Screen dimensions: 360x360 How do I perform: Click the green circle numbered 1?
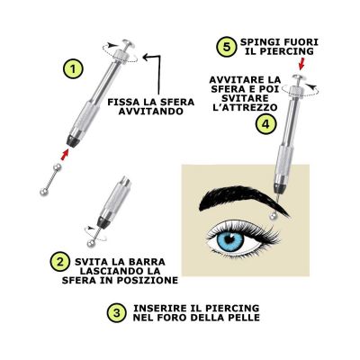pyautogui.click(x=73, y=69)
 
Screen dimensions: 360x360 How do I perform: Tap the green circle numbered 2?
pyautogui.click(x=60, y=262)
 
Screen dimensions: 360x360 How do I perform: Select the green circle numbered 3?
pyautogui.click(x=117, y=313)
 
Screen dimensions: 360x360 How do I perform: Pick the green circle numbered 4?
pyautogui.click(x=265, y=124)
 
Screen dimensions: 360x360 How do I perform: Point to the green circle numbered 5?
pyautogui.click(x=227, y=47)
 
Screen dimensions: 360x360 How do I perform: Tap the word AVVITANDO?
pyautogui.click(x=151, y=112)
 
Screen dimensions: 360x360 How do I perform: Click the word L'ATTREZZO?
pyautogui.click(x=245, y=107)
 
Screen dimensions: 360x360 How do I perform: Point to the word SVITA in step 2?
pyautogui.click(x=89, y=262)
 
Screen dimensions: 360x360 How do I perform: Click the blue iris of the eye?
pyautogui.click(x=230, y=240)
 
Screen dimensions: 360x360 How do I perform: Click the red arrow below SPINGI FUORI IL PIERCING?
pyautogui.click(x=302, y=62)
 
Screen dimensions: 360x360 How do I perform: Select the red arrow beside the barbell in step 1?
pyautogui.click(x=65, y=155)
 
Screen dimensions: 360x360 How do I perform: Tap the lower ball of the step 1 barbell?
pyautogui.click(x=43, y=192)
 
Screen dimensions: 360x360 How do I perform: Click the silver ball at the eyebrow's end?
pyautogui.click(x=274, y=216)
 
